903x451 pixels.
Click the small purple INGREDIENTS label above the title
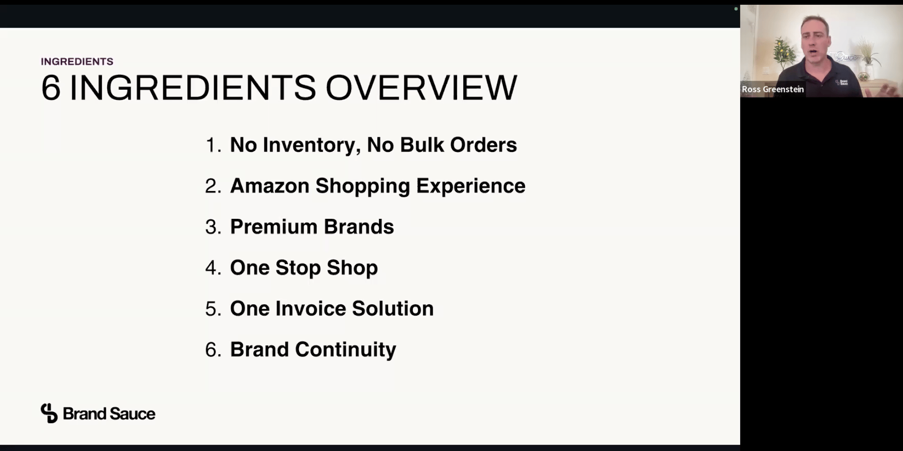coord(77,61)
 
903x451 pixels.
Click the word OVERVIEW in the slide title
coord(421,88)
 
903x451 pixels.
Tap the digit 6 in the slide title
coord(50,88)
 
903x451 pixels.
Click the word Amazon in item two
coord(269,186)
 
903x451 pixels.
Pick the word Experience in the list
coord(470,186)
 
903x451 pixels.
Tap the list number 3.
coord(213,227)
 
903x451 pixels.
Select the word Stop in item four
coord(298,268)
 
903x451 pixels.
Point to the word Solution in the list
coord(393,309)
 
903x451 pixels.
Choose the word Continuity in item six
coord(345,350)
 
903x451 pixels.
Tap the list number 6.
coord(213,350)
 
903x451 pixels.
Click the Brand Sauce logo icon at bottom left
coord(49,413)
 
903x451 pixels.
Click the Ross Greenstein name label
coord(773,89)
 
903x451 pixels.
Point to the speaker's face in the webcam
coord(815,40)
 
